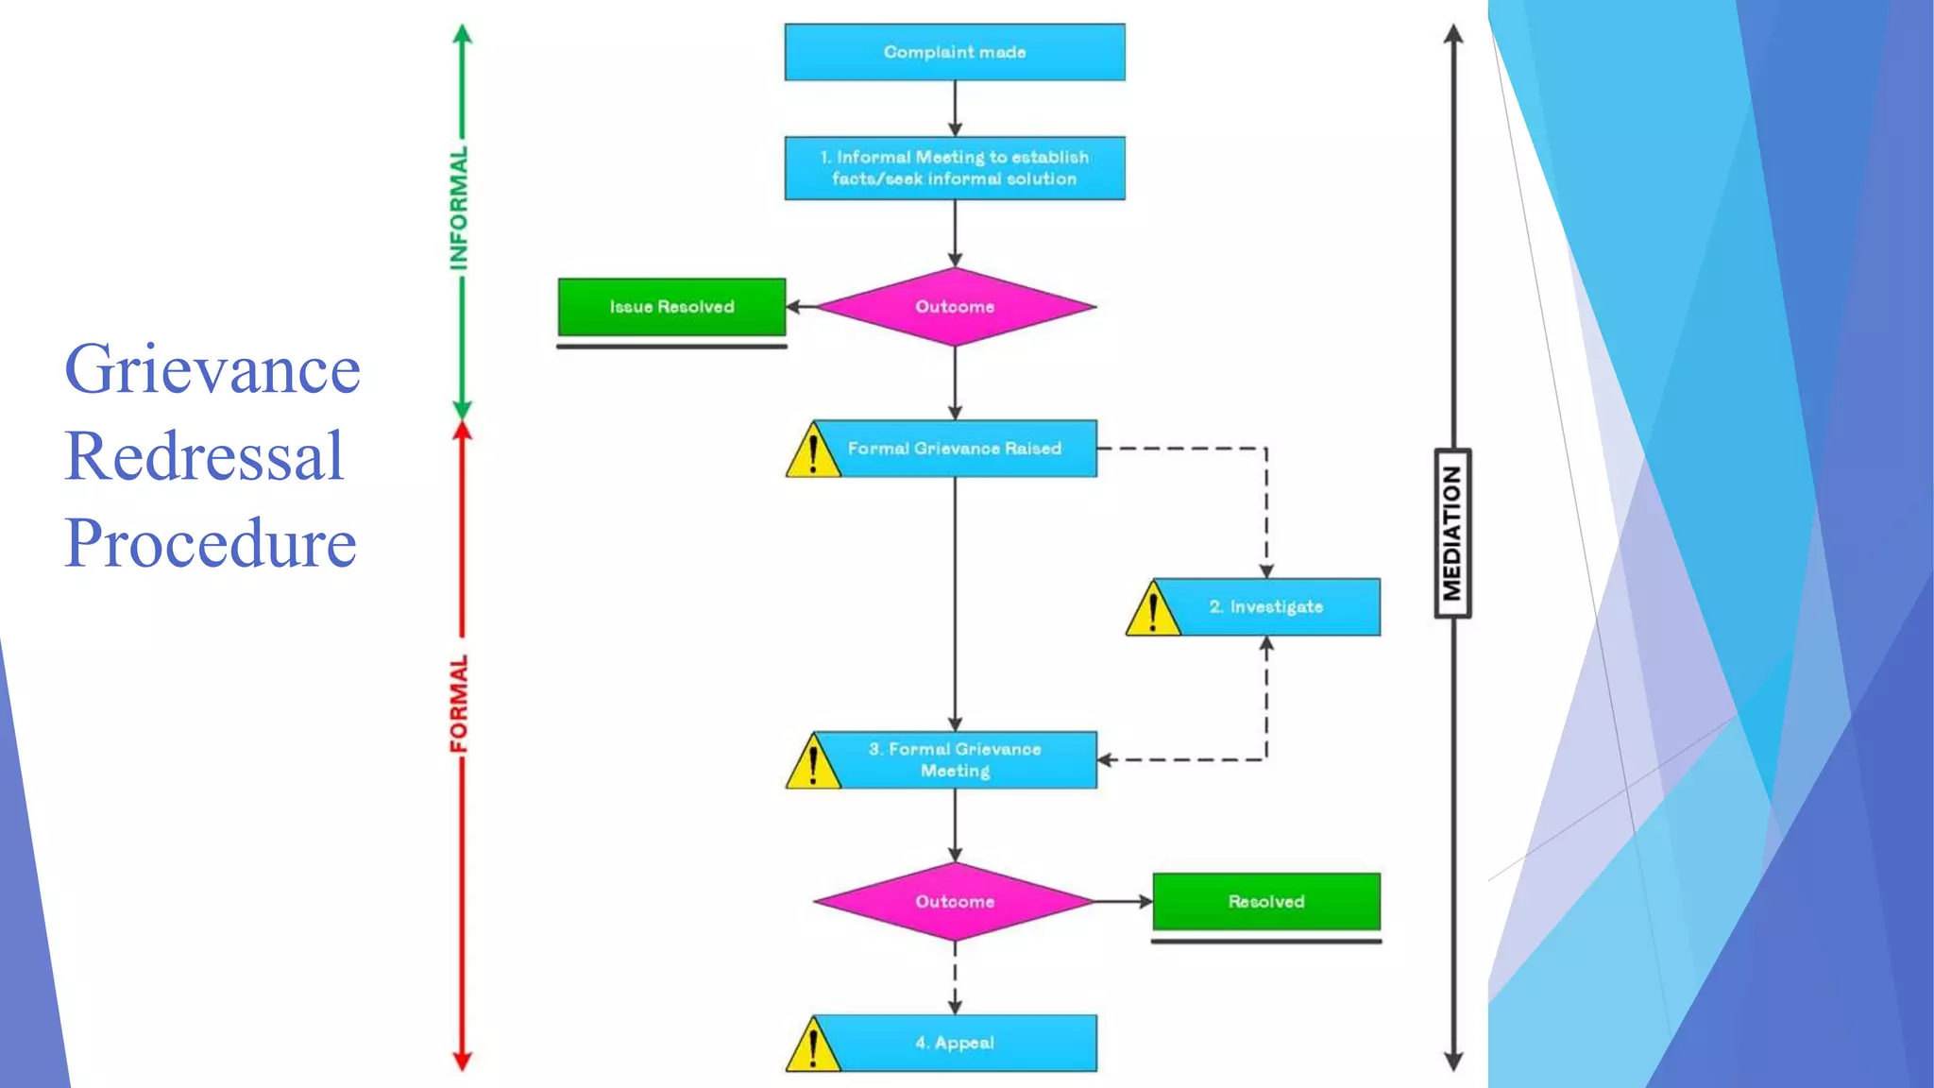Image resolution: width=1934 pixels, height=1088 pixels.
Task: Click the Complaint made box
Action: click(954, 52)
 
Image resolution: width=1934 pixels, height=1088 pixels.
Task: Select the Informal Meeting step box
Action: click(954, 168)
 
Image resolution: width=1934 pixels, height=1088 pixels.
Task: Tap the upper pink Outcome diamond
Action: click(954, 307)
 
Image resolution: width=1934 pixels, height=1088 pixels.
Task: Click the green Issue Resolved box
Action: click(671, 307)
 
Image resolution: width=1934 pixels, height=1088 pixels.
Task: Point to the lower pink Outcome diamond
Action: click(954, 902)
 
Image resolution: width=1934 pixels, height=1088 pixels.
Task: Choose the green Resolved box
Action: click(1266, 902)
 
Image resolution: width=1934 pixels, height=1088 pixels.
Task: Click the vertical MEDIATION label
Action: click(1452, 534)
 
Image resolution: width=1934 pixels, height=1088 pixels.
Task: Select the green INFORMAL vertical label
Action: click(459, 208)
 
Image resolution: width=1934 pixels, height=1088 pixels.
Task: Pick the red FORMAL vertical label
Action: click(459, 704)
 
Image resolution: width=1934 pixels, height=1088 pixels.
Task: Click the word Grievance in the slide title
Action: click(212, 369)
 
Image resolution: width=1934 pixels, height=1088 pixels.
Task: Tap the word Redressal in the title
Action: click(204, 456)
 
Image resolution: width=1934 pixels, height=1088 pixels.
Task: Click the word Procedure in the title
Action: click(211, 543)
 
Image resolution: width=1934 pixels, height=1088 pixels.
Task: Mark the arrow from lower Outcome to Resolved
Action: click(1124, 902)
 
